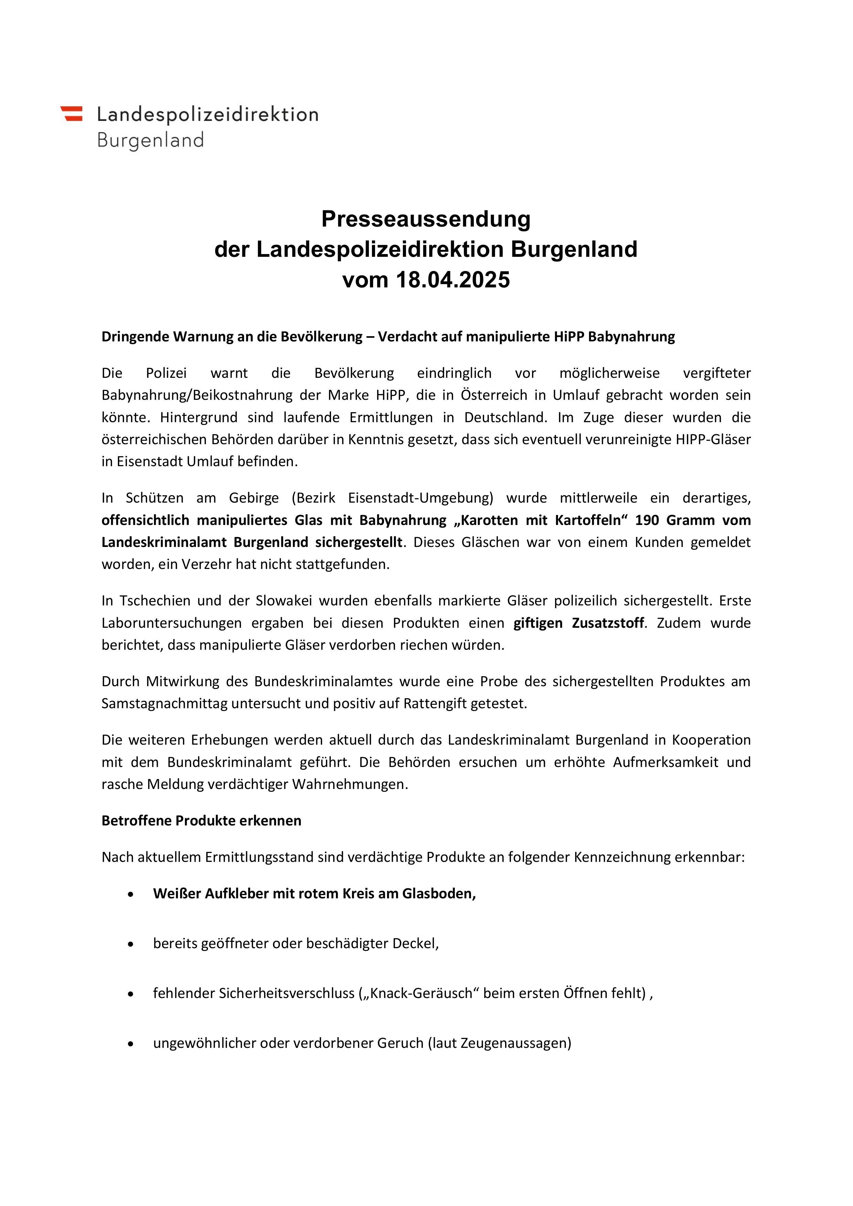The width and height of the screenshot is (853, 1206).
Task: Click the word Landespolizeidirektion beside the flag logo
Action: (207, 114)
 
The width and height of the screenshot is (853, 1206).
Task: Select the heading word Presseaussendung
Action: (426, 219)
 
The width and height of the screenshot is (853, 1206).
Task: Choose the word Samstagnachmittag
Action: (164, 704)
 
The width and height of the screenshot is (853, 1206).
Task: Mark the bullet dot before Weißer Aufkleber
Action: (131, 894)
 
